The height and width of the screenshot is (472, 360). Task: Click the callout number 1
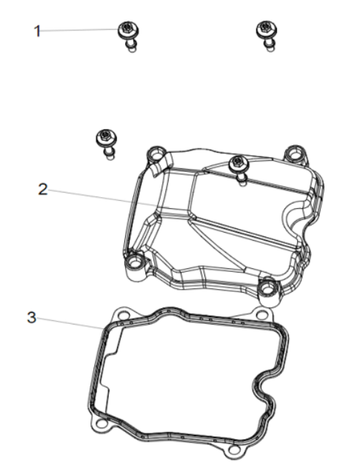tap(37, 31)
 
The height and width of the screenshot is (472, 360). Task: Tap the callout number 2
tap(43, 190)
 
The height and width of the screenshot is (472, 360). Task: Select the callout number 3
tap(32, 317)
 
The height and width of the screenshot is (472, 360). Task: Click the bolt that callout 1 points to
tap(128, 36)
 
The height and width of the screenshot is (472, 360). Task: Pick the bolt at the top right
tap(267, 36)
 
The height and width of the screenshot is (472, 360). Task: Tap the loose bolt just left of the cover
tap(107, 144)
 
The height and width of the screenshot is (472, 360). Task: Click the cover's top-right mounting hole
tap(294, 155)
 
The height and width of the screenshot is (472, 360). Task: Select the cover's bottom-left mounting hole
tap(133, 263)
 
